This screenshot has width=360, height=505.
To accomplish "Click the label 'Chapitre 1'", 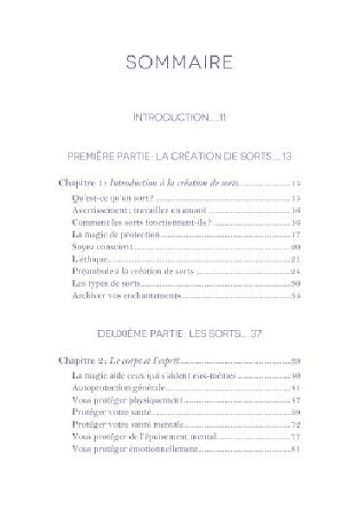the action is (82, 185).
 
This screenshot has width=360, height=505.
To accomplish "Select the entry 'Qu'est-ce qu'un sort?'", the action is (106, 197).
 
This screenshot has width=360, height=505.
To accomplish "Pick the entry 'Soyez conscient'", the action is (97, 246).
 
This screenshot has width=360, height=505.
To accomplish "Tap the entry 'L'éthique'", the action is (88, 258).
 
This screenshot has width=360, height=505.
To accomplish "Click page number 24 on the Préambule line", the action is (295, 271).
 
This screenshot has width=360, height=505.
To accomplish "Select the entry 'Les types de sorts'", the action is (101, 283).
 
